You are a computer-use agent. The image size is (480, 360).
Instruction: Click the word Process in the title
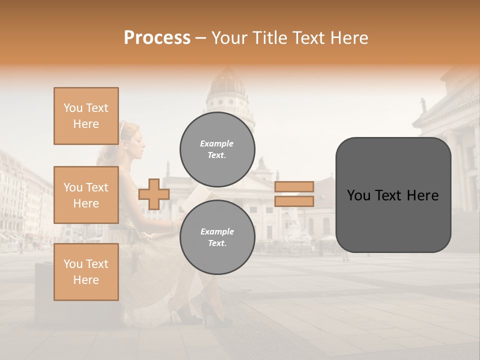coord(157,38)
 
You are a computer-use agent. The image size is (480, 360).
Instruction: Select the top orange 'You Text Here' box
coord(86,116)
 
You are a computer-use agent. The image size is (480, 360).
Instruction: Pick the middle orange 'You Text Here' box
coord(86,195)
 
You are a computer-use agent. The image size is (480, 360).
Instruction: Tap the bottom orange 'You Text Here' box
coord(86,272)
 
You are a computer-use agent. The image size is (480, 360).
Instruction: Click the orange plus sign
coord(154,194)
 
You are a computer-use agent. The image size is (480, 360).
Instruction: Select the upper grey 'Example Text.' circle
coord(217,149)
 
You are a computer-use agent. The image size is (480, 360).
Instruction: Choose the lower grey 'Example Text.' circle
coord(217,237)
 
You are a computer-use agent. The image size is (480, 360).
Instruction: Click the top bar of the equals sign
coord(294,186)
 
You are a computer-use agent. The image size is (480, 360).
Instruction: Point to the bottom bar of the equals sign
coord(294,201)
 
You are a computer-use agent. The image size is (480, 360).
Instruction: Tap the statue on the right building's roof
coord(423,104)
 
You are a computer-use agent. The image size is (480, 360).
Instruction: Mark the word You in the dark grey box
coord(358,195)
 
